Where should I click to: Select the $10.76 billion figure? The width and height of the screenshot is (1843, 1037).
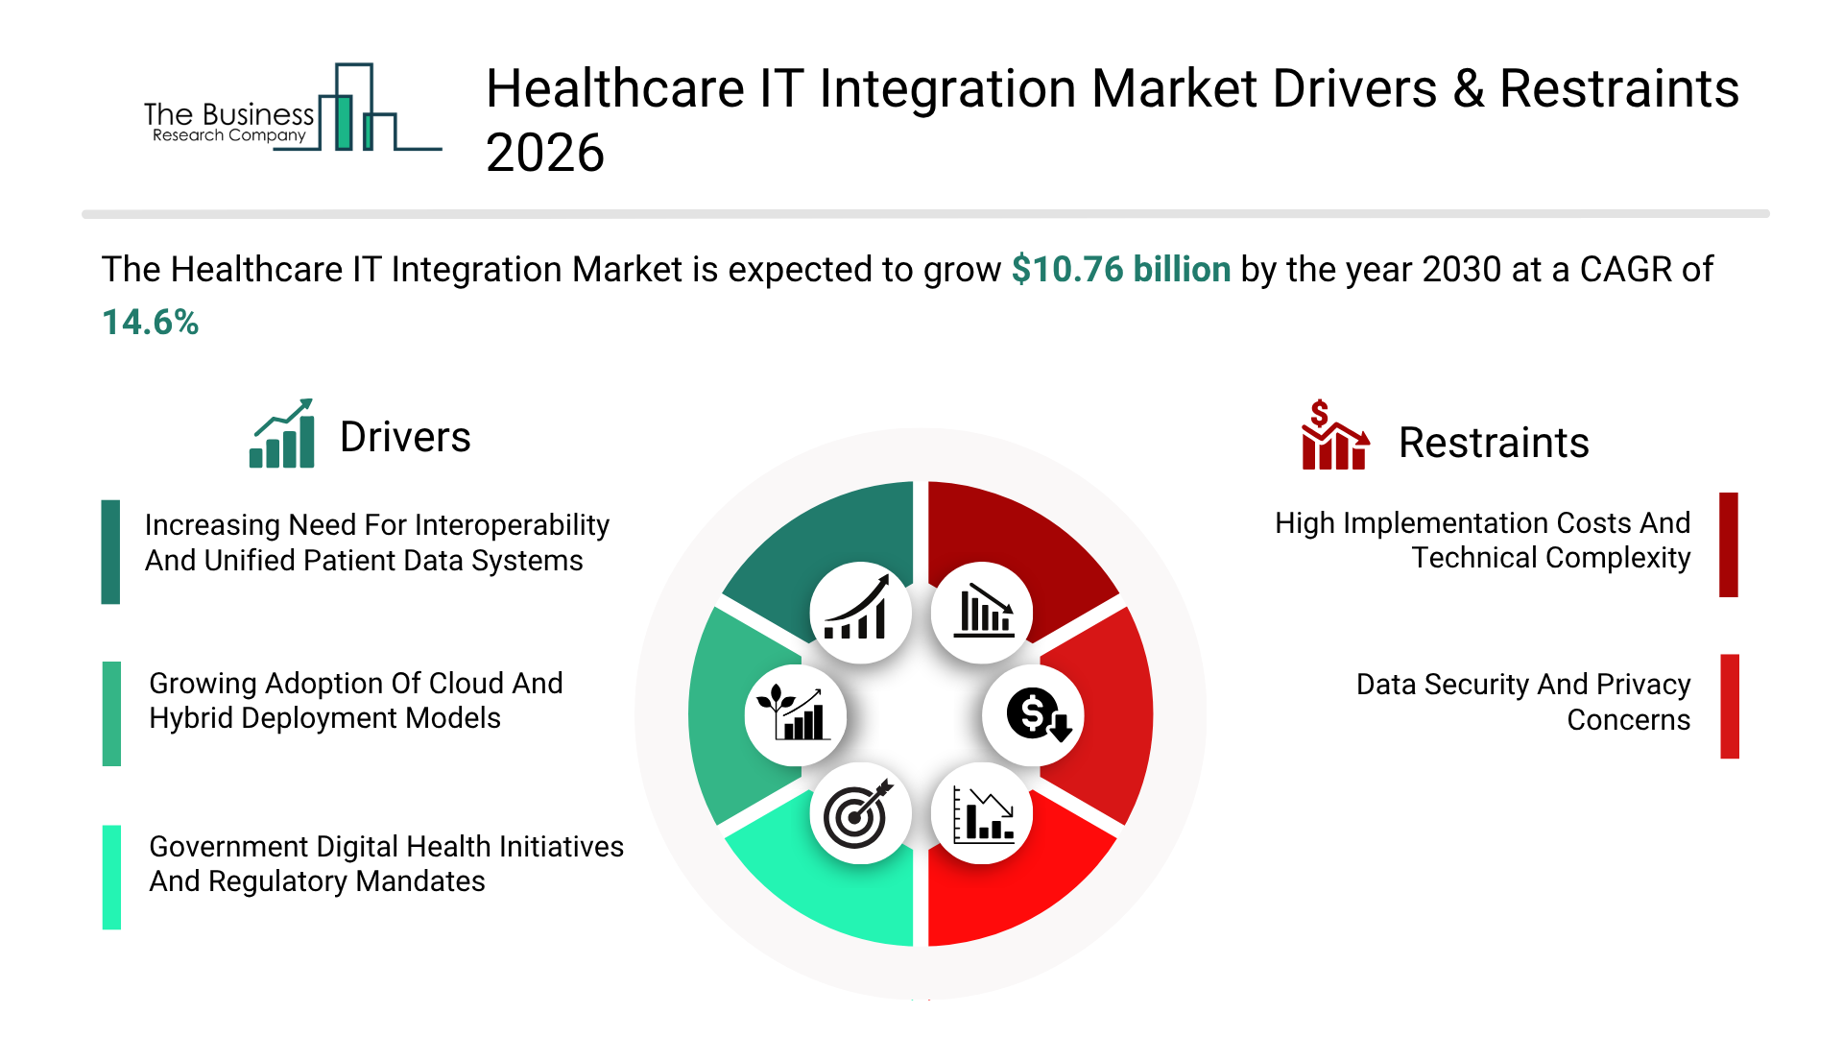coord(1120,270)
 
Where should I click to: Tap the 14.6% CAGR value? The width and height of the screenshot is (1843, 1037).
coord(150,323)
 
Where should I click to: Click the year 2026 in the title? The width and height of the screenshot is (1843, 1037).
coord(544,154)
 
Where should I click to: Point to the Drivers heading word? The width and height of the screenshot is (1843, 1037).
coord(405,438)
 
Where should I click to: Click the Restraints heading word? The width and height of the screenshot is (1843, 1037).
coord(1493,444)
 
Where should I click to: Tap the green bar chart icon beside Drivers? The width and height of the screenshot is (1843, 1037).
coord(282,434)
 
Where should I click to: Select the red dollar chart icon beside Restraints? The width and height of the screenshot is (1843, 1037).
coord(1334,436)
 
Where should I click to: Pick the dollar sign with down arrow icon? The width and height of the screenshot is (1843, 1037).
coord(1035,715)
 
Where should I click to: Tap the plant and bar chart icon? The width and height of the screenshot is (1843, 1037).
coord(794,714)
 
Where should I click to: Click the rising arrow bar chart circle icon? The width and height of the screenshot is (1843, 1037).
coord(859,612)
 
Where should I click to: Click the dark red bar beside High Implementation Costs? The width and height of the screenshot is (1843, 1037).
coord(1728,544)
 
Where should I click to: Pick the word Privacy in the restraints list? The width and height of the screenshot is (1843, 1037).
coord(1642,685)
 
